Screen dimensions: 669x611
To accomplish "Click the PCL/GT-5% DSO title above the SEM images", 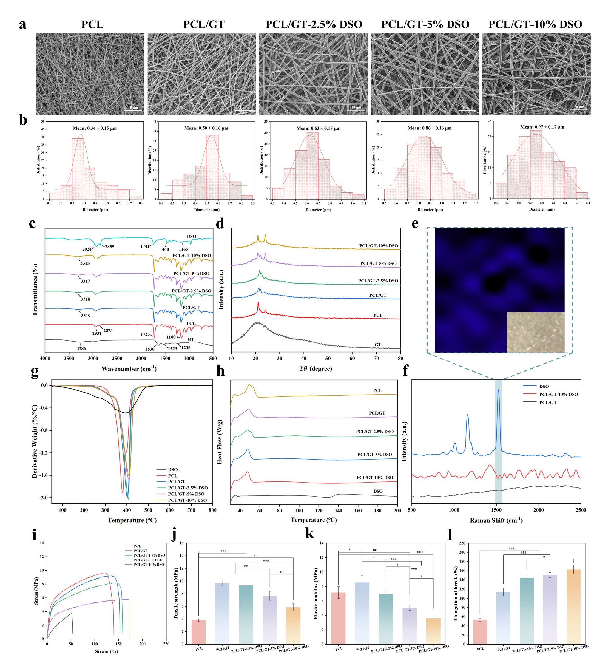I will [x=425, y=24].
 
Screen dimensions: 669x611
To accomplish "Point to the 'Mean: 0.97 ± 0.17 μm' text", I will [x=542, y=127].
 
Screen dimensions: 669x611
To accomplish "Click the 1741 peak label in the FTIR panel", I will [x=145, y=246].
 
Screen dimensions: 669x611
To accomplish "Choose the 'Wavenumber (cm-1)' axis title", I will [x=129, y=369].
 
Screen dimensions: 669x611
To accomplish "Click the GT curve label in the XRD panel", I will [x=378, y=345].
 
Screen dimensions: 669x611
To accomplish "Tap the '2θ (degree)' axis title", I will [x=315, y=369].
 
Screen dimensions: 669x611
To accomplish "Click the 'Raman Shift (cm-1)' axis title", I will [x=496, y=520].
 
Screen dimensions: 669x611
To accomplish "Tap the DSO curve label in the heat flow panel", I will [x=378, y=491].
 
